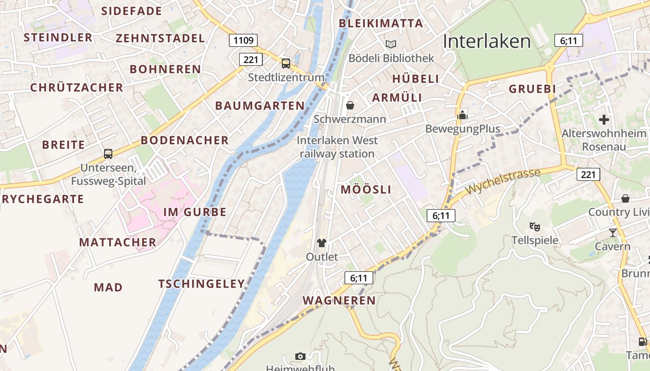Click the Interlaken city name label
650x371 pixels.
487,41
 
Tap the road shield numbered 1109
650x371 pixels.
243,40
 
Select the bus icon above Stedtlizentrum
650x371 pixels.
286,63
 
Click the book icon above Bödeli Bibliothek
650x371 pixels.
391,44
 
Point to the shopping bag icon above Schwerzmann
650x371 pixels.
350,105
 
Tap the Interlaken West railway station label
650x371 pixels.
338,147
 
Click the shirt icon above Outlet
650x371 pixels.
322,243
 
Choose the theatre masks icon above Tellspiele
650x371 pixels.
535,227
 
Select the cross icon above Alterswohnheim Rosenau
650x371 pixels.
604,120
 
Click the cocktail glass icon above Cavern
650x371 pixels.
612,232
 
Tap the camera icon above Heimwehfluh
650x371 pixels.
300,356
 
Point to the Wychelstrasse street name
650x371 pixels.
503,182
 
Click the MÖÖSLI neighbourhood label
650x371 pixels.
366,189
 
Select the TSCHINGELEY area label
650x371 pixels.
201,284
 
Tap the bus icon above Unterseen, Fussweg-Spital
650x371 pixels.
108,154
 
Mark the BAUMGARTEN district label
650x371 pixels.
260,106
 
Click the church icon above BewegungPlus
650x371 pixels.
462,115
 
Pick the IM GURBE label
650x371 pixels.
195,212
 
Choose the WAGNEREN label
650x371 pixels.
339,301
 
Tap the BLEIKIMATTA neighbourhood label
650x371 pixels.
381,23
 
